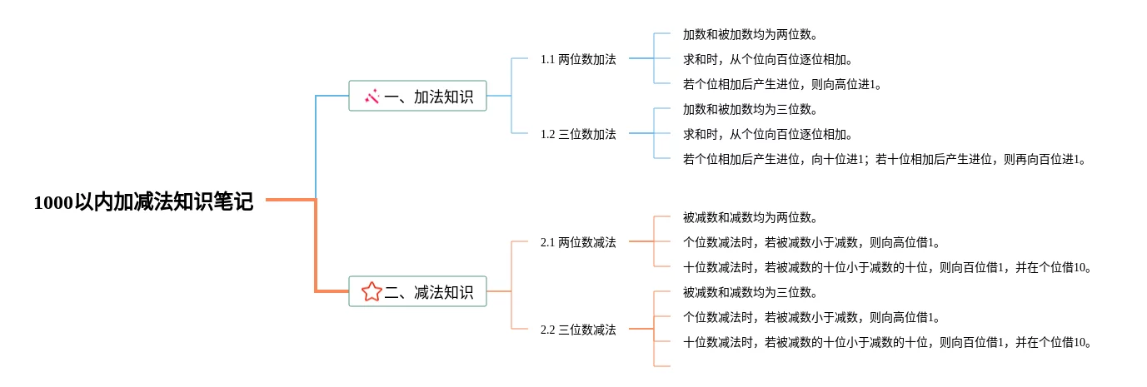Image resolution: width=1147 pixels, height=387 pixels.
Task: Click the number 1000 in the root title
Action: [54, 203]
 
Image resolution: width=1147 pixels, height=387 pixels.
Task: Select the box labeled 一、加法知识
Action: [417, 96]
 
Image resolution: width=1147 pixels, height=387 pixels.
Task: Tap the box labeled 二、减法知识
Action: [417, 291]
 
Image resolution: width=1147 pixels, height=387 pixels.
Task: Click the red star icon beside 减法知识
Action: [372, 292]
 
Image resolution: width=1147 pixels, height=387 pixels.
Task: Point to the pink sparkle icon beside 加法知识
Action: [372, 96]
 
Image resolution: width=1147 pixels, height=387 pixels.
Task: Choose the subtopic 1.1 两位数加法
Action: [578, 59]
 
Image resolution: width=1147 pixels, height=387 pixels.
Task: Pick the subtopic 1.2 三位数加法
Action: [578, 134]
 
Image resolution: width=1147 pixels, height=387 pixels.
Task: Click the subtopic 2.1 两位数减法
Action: [578, 242]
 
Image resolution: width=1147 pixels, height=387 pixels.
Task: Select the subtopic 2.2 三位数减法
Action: [578, 330]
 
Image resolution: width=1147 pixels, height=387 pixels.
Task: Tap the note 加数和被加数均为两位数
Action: [751, 34]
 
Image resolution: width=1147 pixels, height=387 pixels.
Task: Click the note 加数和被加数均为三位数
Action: [751, 109]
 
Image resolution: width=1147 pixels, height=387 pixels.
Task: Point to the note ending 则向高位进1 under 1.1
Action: [782, 84]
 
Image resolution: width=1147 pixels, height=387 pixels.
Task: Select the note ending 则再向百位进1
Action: [885, 159]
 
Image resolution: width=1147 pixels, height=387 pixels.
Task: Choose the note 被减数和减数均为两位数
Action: [751, 217]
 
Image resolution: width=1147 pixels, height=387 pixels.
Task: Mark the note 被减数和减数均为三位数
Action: [751, 292]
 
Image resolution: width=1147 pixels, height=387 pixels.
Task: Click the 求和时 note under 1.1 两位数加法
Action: [768, 59]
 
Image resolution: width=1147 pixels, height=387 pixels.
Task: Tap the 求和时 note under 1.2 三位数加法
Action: [768, 134]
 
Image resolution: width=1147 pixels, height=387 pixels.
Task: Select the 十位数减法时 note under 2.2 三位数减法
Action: [887, 342]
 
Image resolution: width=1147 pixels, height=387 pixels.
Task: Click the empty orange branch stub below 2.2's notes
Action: [662, 366]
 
